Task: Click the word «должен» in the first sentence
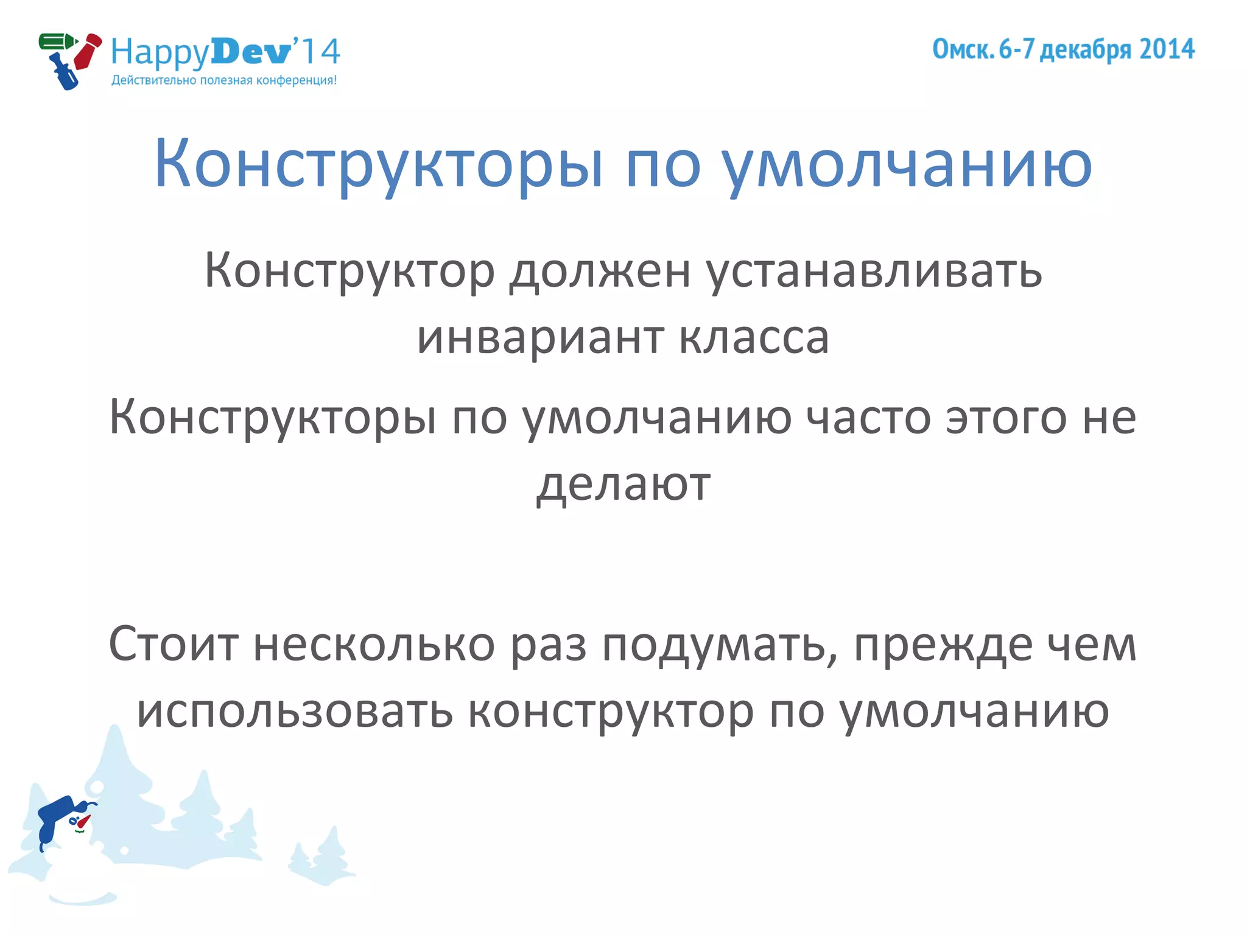(x=600, y=271)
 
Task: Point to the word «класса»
(x=754, y=338)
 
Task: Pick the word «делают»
(x=623, y=485)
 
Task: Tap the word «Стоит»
(x=174, y=644)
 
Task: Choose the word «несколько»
(x=374, y=644)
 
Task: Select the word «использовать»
(x=295, y=711)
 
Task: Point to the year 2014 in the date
(x=1167, y=49)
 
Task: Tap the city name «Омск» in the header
(x=963, y=49)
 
